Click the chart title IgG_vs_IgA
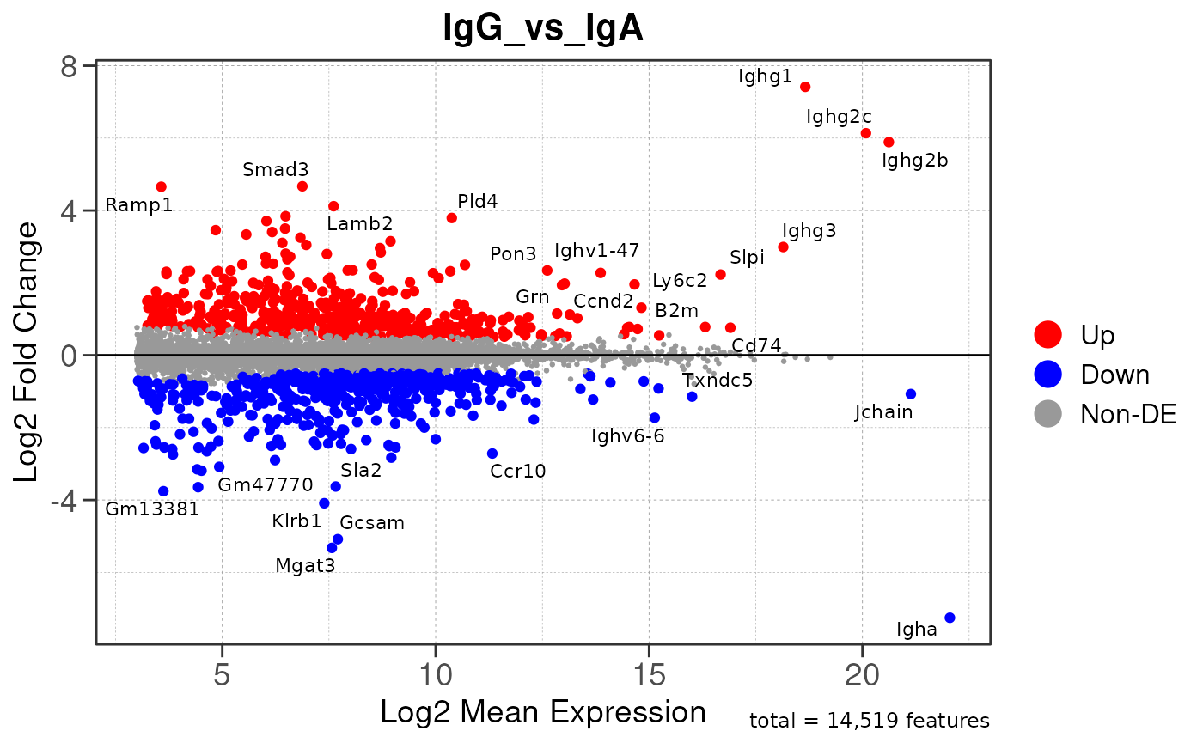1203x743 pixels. click(543, 29)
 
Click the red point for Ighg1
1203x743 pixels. click(805, 87)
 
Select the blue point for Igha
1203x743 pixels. click(950, 618)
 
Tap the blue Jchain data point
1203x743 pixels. click(911, 394)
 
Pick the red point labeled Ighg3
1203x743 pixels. click(783, 247)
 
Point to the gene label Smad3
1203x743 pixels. click(275, 169)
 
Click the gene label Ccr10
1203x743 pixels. click(518, 471)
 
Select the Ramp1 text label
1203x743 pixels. click(139, 206)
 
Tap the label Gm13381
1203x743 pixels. click(152, 509)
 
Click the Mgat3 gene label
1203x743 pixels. click(305, 565)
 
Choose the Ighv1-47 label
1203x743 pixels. click(597, 251)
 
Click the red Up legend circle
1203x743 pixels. click(1049, 334)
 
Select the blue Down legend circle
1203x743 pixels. click(1049, 375)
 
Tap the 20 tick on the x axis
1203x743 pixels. click(862, 675)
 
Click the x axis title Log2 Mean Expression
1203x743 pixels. click(543, 711)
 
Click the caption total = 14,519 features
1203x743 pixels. click(870, 721)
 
